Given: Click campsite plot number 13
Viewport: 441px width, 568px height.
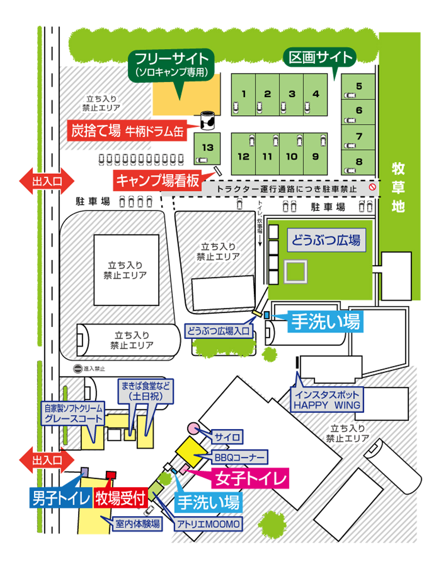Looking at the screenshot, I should [207, 148].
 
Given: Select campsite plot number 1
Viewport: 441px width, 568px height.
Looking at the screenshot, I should [243, 94].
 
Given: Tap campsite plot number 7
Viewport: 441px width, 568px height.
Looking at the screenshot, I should [358, 137].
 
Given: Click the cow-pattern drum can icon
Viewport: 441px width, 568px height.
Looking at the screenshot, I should [207, 120].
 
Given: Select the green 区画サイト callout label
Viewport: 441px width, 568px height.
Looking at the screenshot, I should [320, 58].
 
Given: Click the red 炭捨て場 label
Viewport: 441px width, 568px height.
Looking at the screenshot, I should [127, 131].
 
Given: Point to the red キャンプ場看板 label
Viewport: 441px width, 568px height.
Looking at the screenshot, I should [158, 180].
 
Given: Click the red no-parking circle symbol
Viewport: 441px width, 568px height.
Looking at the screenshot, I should [372, 187].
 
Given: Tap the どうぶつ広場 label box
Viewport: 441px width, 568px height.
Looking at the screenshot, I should [326, 240].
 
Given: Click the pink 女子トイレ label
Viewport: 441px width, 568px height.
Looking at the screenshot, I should [250, 478].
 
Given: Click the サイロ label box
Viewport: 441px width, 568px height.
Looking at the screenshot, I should [227, 437].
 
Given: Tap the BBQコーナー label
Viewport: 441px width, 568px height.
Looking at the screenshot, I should [240, 457].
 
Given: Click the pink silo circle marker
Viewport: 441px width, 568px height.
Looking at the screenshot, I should [193, 429].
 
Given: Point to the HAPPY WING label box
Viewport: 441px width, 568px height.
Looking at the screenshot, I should [327, 400].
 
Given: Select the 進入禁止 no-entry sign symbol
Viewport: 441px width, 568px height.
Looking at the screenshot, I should [78, 368].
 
